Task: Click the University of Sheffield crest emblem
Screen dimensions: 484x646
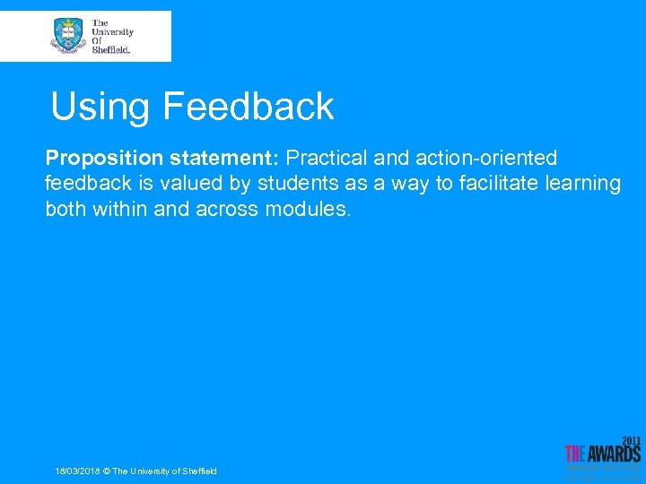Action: click(x=68, y=36)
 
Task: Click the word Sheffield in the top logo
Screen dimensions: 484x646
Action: click(x=111, y=50)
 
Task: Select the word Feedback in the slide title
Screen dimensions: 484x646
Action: click(x=249, y=107)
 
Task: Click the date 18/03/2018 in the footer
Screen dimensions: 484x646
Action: click(x=77, y=471)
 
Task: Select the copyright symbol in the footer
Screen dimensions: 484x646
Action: click(x=107, y=471)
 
